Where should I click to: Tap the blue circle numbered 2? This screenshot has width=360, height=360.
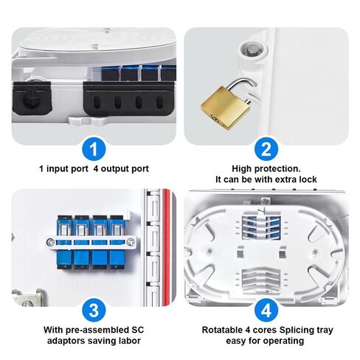(266, 148)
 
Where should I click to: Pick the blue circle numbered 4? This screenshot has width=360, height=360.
(266, 308)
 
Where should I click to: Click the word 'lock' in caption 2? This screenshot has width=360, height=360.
(306, 179)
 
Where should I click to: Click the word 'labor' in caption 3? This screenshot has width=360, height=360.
(122, 341)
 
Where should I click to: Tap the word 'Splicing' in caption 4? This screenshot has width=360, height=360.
(286, 329)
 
